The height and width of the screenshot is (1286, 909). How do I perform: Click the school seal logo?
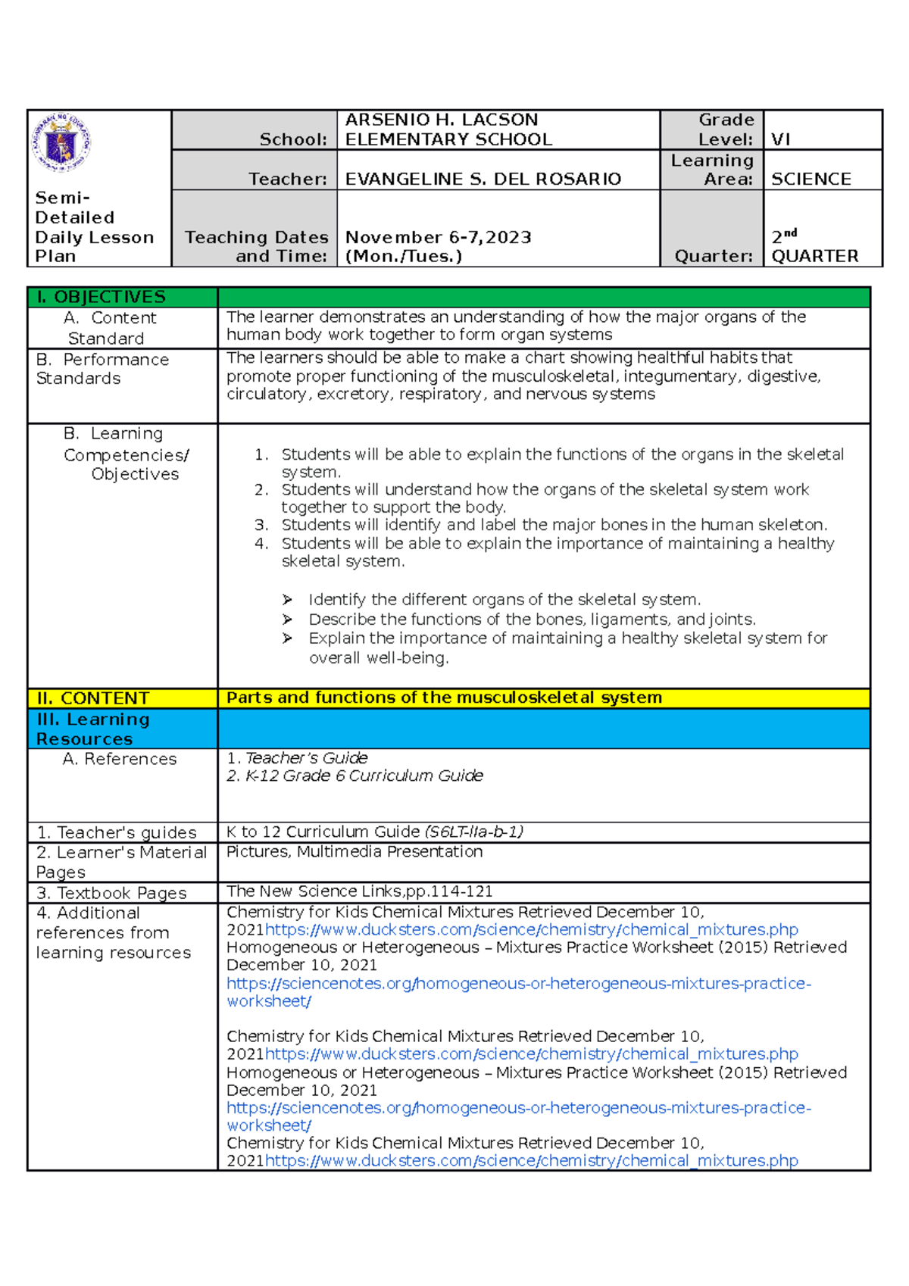[x=61, y=142]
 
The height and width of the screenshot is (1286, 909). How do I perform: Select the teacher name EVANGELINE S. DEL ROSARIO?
[x=483, y=179]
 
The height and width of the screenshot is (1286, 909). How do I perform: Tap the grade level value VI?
[x=780, y=139]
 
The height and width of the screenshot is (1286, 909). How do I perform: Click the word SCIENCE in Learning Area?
[x=811, y=179]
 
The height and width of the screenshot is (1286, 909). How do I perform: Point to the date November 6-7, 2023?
[x=438, y=237]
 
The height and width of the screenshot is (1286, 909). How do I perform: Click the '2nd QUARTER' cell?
[x=814, y=247]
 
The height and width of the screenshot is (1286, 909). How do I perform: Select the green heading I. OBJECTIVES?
[x=101, y=297]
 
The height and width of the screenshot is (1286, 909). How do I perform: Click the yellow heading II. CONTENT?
[x=93, y=698]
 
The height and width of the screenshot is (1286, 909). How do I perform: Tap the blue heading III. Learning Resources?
[x=92, y=729]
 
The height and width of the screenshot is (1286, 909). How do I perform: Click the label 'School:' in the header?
[x=293, y=139]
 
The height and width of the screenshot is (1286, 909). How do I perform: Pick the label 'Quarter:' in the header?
[x=713, y=256]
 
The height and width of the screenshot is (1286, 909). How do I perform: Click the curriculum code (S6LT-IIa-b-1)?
[x=473, y=832]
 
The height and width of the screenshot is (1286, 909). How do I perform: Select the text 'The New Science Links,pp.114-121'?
[x=359, y=891]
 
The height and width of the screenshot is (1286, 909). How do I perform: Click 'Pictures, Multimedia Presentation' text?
[x=354, y=852]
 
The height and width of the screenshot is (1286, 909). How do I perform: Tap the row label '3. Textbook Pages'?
[x=111, y=893]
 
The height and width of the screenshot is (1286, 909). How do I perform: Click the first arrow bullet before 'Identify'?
[x=287, y=600]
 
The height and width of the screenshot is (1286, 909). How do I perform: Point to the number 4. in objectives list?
[x=261, y=543]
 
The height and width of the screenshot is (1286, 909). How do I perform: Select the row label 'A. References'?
[x=120, y=759]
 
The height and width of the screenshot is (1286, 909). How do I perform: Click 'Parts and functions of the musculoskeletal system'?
[x=444, y=698]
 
